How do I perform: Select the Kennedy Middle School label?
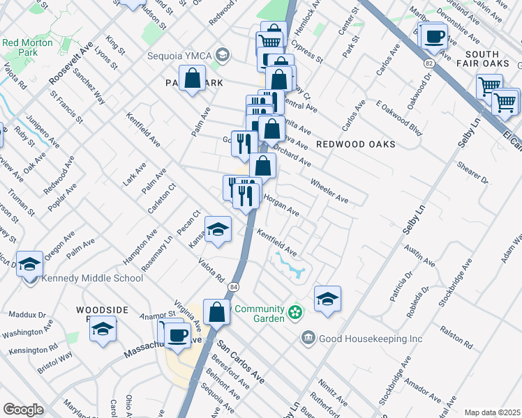pos(92,279)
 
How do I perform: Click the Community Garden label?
pos(260,313)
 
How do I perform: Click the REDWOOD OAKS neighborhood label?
pos(355,144)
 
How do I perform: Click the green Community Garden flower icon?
pos(295,311)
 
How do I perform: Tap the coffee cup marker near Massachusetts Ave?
pos(177,336)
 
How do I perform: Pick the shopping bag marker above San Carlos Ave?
pos(217,313)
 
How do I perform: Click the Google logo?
pos(24,410)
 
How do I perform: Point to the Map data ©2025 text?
pos(492,412)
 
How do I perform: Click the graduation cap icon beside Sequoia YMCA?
pos(222,55)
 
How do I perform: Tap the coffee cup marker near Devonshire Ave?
pos(435,36)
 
